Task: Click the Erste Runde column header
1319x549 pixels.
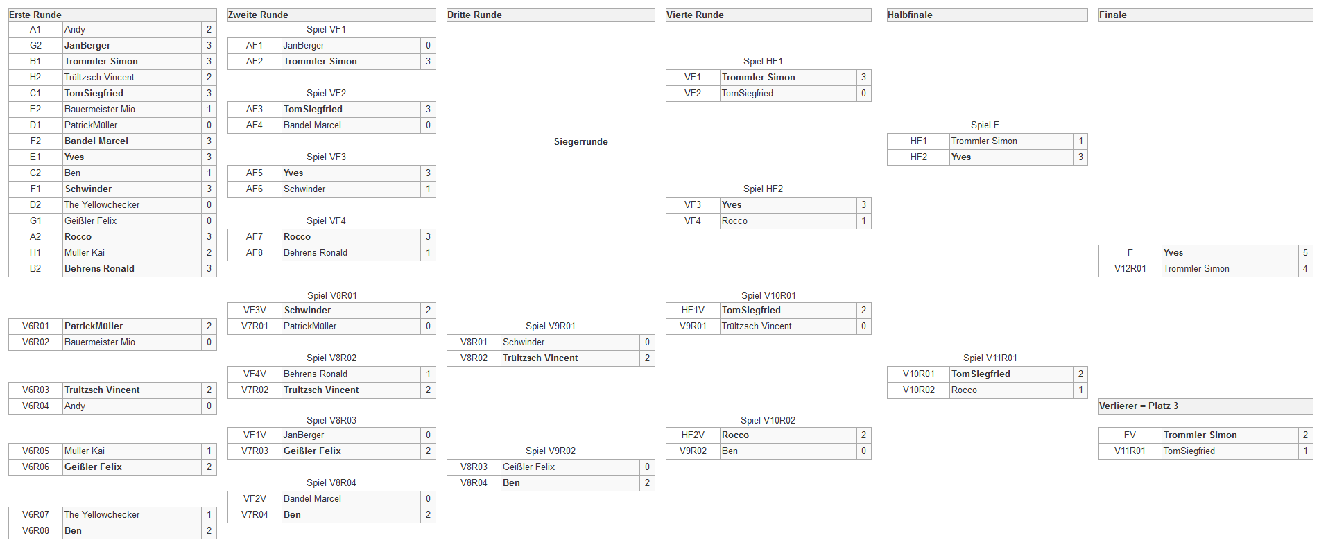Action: tap(35, 15)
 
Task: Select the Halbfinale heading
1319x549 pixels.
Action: tap(910, 15)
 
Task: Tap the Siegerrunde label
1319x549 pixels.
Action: tap(580, 141)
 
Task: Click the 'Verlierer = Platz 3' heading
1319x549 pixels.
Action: tap(1139, 406)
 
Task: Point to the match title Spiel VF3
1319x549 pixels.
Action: tap(326, 157)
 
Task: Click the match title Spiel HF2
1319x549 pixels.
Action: tap(763, 189)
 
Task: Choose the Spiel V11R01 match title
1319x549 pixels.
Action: tap(990, 358)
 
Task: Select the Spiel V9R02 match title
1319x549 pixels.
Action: tap(551, 451)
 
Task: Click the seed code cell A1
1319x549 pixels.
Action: tap(35, 29)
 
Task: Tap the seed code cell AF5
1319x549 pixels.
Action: tap(255, 173)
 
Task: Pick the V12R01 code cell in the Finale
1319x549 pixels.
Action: tap(1130, 268)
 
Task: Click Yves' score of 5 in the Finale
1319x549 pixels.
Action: tap(1305, 252)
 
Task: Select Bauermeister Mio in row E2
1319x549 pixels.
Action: tap(100, 109)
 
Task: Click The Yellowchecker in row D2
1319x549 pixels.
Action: tap(102, 204)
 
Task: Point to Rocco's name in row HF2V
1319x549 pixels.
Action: tap(735, 435)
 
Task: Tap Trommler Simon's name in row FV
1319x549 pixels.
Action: tap(1200, 435)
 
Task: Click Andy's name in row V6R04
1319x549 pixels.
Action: tap(75, 406)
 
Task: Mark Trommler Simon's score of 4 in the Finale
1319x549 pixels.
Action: tap(1305, 268)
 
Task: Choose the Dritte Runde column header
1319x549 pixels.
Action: tap(474, 15)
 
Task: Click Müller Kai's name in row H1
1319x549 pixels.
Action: tap(85, 252)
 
